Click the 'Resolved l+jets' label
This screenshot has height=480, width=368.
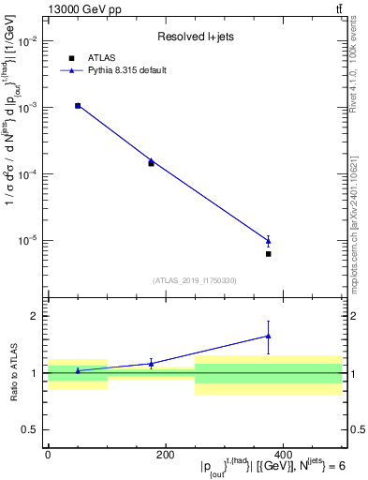coord(194,37)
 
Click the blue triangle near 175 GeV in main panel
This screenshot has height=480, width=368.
coord(151,160)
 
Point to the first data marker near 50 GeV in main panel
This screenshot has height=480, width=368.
coord(78,106)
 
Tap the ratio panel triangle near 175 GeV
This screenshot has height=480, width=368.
coord(151,363)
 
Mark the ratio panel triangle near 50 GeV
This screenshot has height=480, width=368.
coord(78,370)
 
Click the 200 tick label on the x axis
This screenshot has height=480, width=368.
coord(165,456)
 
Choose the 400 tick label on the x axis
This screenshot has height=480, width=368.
coord(283,456)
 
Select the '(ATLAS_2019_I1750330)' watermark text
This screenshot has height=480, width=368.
coord(194,280)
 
